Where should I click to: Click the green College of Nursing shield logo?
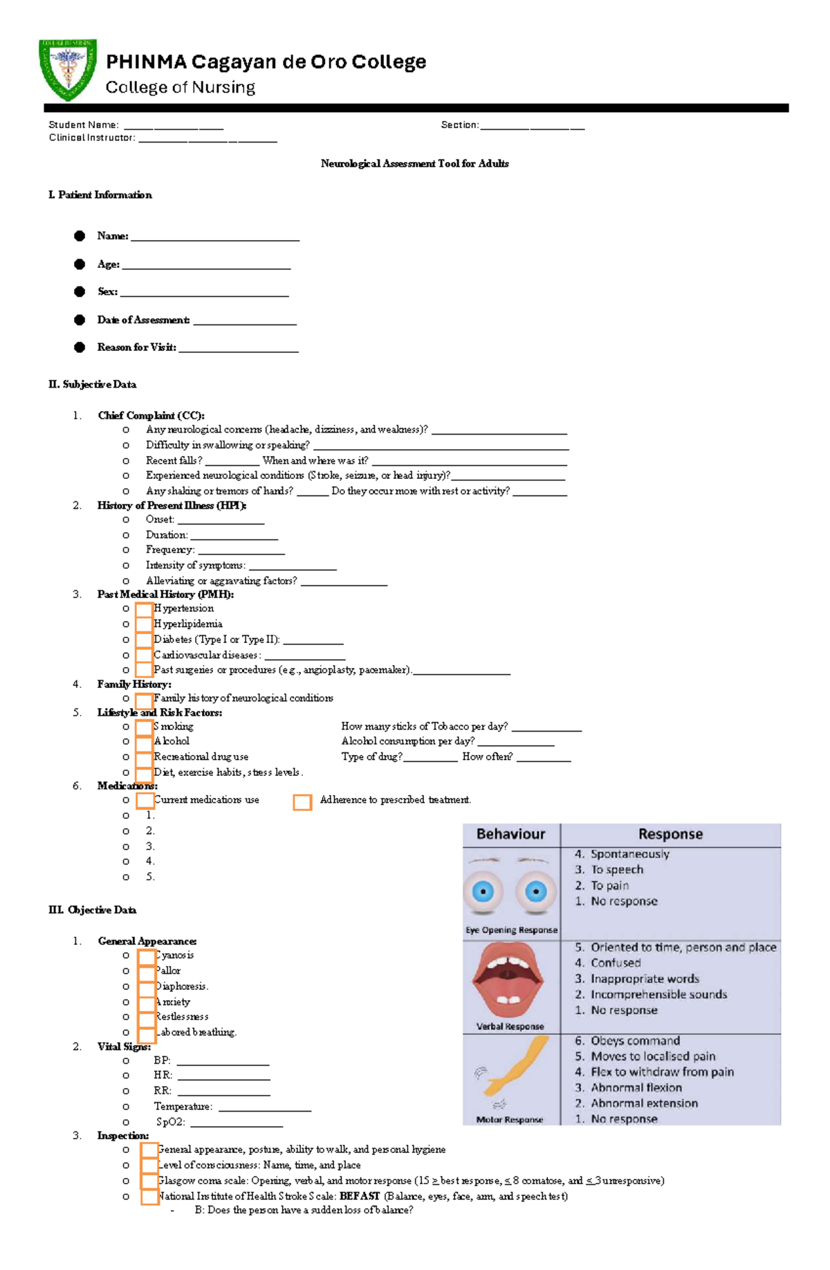point(67,69)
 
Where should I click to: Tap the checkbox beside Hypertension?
point(144,609)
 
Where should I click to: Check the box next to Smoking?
point(144,727)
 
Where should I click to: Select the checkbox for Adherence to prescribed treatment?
point(302,801)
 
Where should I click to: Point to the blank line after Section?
point(532,127)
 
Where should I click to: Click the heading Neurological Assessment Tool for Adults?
point(414,163)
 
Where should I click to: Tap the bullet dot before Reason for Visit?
point(80,347)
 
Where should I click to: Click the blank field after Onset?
point(221,521)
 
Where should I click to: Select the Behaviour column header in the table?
point(510,834)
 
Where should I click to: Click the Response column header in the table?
point(670,834)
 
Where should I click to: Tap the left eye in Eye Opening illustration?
point(483,891)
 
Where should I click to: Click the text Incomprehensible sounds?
point(658,995)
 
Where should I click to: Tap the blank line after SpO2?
point(236,1123)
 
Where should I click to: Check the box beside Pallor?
point(146,971)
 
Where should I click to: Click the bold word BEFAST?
point(360,1196)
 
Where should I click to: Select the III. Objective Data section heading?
point(92,909)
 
